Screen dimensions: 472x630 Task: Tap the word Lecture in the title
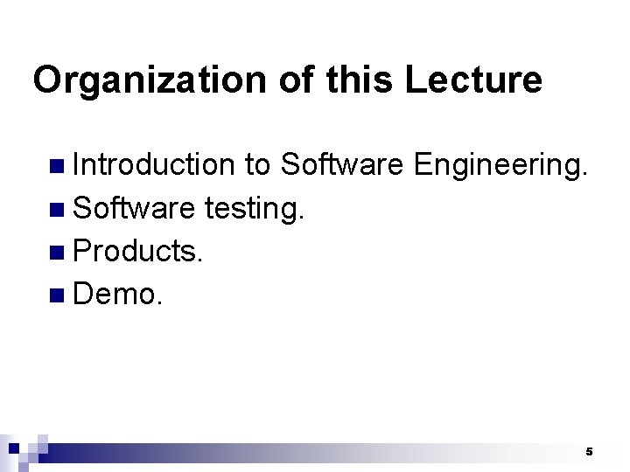click(x=474, y=80)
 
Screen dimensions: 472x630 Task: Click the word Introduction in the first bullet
click(x=154, y=163)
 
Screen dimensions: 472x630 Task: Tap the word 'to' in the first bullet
click(x=257, y=163)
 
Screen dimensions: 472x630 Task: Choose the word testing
click(x=254, y=207)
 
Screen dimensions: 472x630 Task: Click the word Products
click(x=138, y=251)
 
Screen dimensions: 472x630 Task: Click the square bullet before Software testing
click(x=57, y=209)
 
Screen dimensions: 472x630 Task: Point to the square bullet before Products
click(x=57, y=253)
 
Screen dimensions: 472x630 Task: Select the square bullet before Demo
click(x=57, y=296)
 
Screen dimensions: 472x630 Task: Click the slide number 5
click(x=589, y=452)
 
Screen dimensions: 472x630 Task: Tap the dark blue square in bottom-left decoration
click(x=14, y=448)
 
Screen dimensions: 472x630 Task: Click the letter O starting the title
click(x=46, y=80)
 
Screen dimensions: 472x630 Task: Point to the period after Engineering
click(x=582, y=173)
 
